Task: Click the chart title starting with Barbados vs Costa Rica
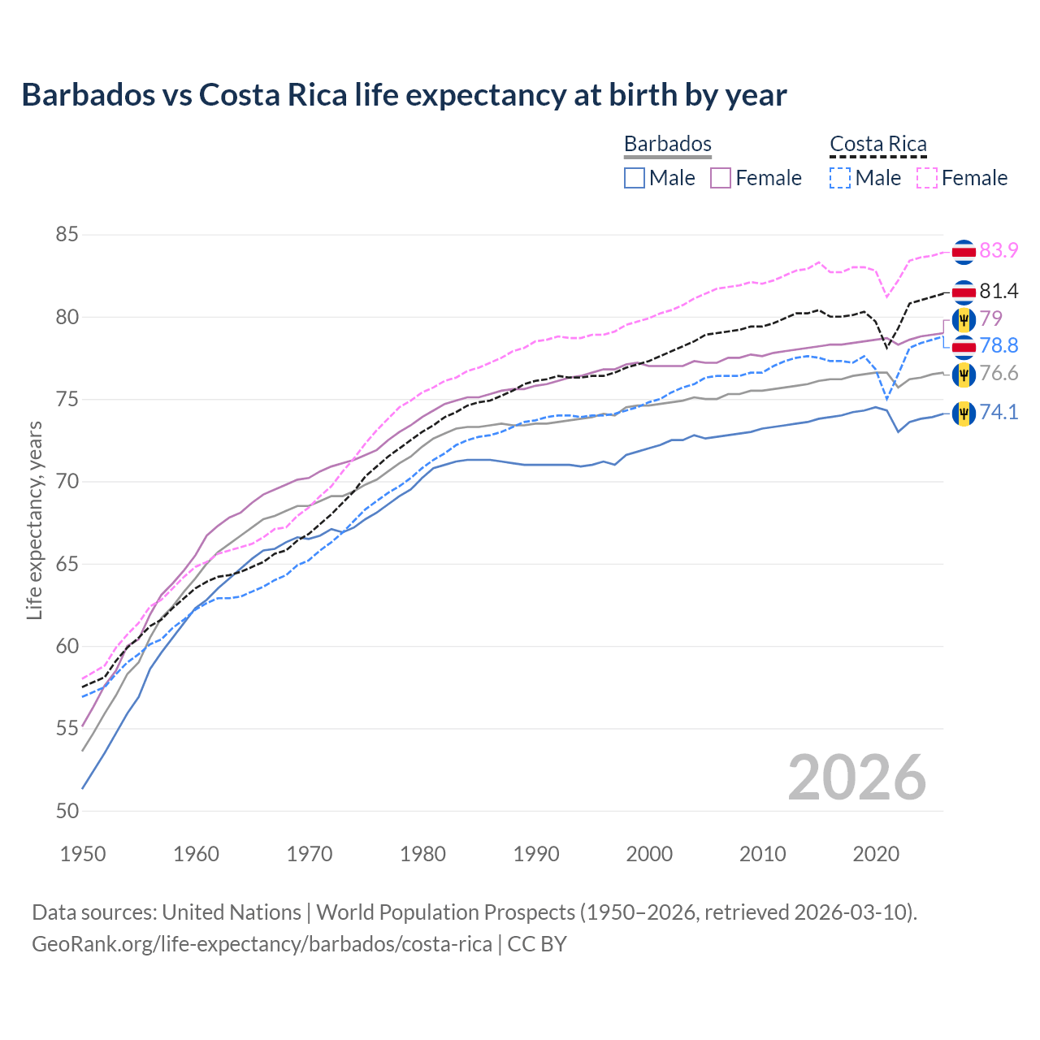[x=404, y=95]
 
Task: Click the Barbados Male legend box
[x=635, y=178]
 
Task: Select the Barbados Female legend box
[x=721, y=178]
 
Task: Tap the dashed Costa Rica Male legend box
[x=840, y=178]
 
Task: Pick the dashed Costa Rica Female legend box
[x=926, y=178]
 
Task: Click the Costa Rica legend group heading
[x=877, y=144]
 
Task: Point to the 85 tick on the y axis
[x=67, y=235]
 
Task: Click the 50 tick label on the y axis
[x=67, y=811]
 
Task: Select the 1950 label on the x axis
[x=83, y=854]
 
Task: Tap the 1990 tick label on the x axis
[x=536, y=854]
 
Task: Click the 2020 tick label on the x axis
[x=876, y=854]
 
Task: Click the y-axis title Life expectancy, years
[x=34, y=520]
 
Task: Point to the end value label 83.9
[x=999, y=251]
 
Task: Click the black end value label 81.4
[x=999, y=292]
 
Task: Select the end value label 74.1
[x=999, y=413]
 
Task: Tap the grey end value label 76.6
[x=999, y=374]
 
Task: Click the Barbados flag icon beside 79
[x=964, y=319]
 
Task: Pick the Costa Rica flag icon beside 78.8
[x=964, y=347]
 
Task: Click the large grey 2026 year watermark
[x=856, y=778]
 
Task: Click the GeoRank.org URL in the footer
[x=262, y=944]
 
